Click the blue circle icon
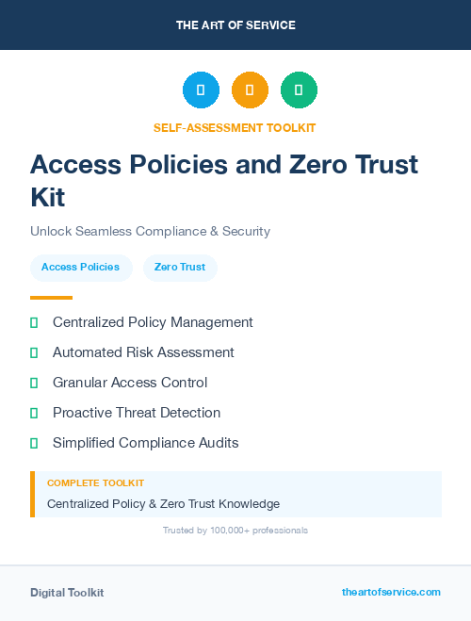pos(201,90)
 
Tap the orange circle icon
pos(250,90)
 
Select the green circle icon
pos(299,90)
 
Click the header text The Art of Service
pos(235,25)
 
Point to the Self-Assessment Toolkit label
pos(235,127)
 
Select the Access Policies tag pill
pos(80,268)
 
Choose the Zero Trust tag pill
pos(179,268)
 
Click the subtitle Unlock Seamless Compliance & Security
pos(150,231)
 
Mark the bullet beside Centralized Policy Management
pos(34,322)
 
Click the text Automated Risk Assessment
pos(143,352)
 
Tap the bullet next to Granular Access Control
pos(34,383)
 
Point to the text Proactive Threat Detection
pos(137,413)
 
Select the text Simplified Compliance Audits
pos(145,443)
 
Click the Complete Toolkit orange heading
pos(95,483)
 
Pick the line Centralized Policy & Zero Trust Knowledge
pos(163,504)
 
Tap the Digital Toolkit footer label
pos(67,593)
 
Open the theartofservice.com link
pos(391,592)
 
